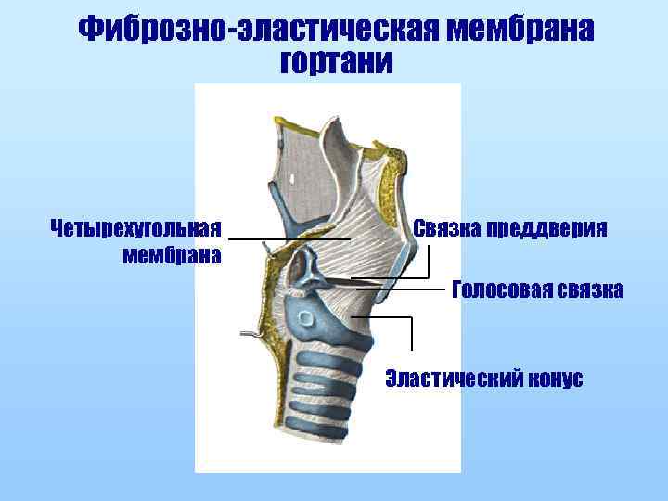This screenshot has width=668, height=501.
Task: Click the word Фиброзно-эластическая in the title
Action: pos(256,31)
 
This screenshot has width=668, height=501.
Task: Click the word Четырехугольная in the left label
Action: pos(136,228)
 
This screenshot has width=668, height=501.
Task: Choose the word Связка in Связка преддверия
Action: pos(446,228)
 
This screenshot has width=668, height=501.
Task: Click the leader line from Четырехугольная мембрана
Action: pos(289,239)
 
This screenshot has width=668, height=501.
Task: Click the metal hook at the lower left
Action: pos(248,331)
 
